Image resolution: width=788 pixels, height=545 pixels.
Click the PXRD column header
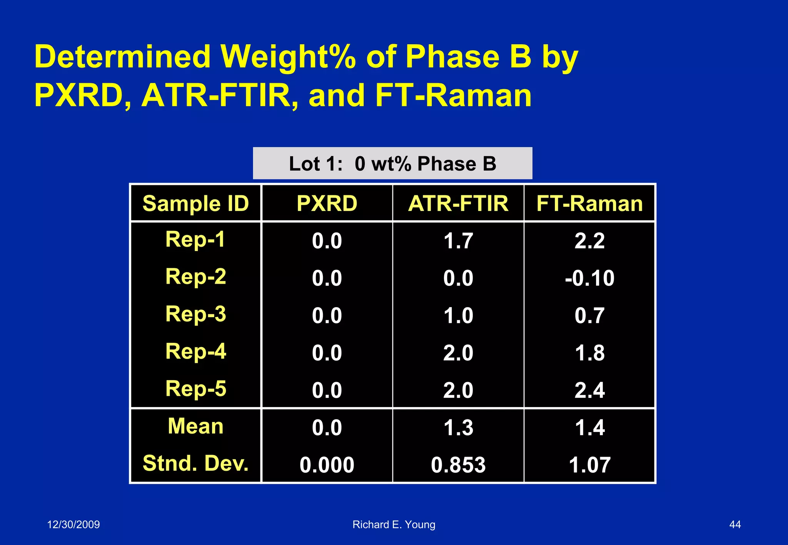click(327, 203)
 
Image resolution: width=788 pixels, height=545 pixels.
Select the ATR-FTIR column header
click(458, 203)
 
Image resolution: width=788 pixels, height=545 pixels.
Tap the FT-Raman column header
click(589, 203)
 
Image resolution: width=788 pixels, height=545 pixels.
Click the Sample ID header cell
click(195, 203)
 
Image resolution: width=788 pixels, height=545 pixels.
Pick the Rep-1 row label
click(195, 239)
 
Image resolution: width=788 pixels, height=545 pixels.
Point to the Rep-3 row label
click(195, 314)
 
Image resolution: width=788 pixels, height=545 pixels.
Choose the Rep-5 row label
click(195, 389)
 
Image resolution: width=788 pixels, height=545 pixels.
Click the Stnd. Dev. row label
click(195, 463)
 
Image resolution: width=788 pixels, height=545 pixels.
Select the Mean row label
click(195, 426)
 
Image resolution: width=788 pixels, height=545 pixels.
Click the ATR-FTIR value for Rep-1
click(458, 241)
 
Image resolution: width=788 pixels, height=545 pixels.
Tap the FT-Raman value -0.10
click(589, 278)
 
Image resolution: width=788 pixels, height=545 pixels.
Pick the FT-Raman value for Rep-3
click(589, 316)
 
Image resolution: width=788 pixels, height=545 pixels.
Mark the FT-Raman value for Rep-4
click(589, 353)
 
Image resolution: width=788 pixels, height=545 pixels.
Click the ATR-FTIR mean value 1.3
click(458, 428)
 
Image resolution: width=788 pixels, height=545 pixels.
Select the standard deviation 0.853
click(458, 465)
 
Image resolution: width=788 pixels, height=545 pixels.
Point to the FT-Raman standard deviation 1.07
click(589, 465)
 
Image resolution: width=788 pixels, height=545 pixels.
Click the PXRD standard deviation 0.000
click(327, 465)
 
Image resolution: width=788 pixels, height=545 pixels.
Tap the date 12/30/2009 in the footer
click(73, 525)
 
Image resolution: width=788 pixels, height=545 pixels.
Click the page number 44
click(735, 525)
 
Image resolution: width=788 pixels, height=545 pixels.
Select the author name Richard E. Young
click(394, 525)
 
